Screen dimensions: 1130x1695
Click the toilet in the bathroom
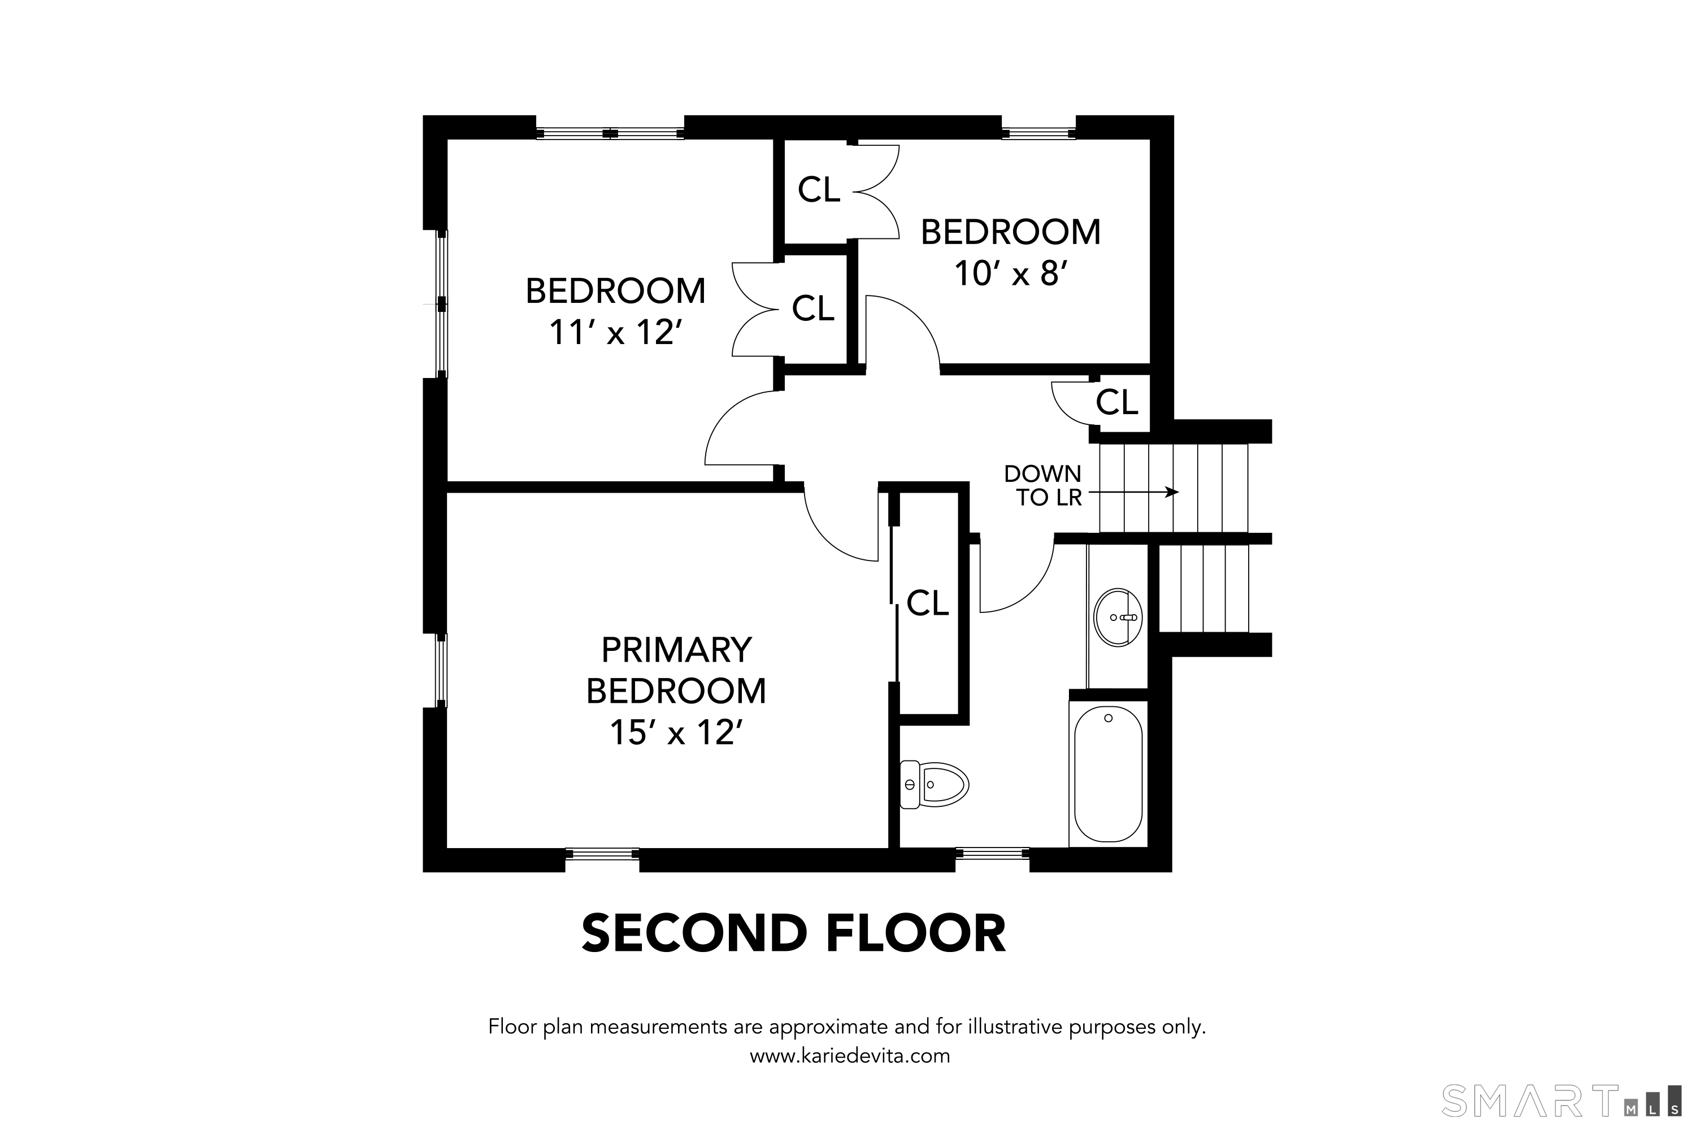934,784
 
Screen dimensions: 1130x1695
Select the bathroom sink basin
1117,617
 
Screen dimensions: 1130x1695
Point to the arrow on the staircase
1135,492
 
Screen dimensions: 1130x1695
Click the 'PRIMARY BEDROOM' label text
676,670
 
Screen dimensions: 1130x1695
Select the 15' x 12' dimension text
676,732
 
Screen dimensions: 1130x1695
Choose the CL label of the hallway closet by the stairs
1116,402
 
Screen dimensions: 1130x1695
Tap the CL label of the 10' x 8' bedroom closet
819,189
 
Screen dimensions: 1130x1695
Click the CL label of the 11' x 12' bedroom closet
813,308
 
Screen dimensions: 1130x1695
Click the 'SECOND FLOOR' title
793,933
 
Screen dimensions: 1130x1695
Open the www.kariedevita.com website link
850,1056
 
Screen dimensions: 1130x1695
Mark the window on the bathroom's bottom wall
992,853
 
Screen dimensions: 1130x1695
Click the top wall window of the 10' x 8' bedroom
1038,133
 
